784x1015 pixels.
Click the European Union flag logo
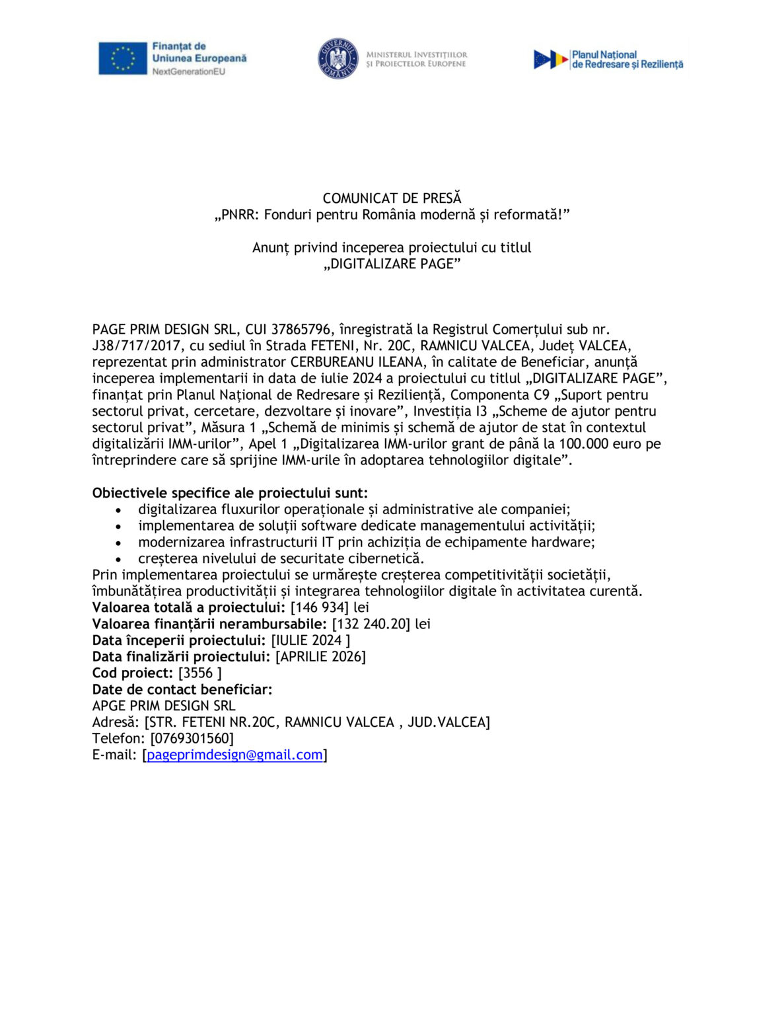[123, 59]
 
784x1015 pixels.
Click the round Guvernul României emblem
[338, 59]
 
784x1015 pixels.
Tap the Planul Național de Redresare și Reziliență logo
[608, 59]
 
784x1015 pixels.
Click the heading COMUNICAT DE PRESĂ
[392, 198]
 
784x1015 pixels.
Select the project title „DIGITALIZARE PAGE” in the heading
[392, 264]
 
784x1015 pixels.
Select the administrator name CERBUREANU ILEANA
[357, 362]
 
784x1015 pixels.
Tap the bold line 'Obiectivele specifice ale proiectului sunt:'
[230, 493]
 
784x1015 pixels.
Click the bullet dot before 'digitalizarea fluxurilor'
[118, 510]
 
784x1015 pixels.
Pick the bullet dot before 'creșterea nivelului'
[118, 560]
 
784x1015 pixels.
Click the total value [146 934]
[320, 607]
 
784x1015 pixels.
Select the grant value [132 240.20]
[371, 624]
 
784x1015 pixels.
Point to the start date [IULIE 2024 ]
[310, 640]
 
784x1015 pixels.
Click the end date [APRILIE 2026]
[320, 656]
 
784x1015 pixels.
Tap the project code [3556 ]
[199, 673]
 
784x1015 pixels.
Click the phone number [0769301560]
[192, 738]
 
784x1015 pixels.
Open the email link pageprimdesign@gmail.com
[234, 755]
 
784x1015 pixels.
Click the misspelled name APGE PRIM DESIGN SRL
[164, 706]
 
